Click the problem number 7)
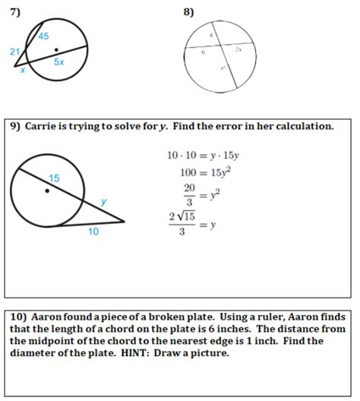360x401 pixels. (16, 11)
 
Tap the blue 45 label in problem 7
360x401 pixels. (43, 36)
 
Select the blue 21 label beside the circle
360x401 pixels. (14, 51)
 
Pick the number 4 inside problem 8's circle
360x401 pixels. (211, 36)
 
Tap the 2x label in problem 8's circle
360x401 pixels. (238, 49)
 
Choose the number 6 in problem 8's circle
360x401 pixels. (203, 53)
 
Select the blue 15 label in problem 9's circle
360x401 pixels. (54, 178)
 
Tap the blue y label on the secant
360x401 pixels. (104, 201)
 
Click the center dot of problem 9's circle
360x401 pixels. (47, 191)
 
